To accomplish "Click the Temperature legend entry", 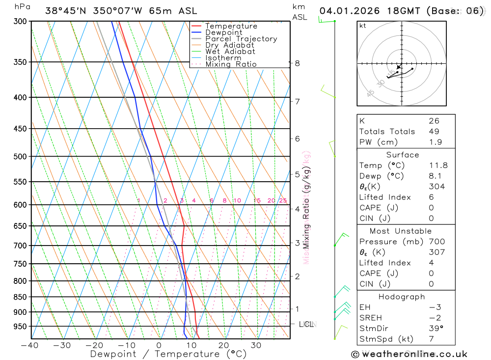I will [231, 26].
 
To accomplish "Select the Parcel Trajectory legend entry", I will [241, 39].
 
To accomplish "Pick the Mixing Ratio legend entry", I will [231, 64].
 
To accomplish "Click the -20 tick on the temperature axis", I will [95, 345].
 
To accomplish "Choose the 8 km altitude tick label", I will [298, 63].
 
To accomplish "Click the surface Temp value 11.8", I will [438, 166].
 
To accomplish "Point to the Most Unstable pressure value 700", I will [436, 241].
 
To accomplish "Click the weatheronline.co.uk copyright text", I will [409, 354].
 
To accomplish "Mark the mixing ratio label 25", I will [283, 200].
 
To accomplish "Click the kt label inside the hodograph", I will [363, 26].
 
